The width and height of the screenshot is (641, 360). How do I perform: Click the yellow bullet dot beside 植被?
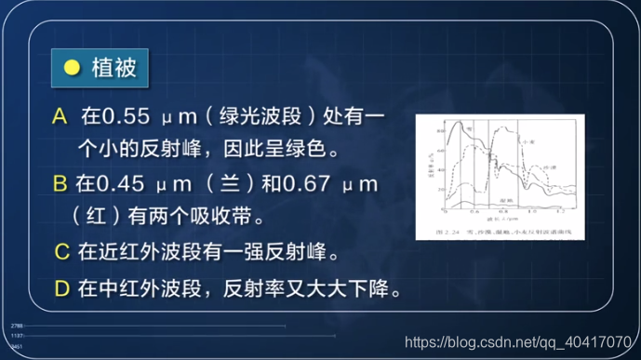pyautogui.click(x=72, y=68)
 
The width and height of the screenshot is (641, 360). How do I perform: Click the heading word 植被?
pyautogui.click(x=114, y=68)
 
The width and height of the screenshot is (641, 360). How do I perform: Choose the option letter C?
pyautogui.click(x=62, y=252)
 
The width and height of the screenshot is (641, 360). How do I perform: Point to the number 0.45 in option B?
pyautogui.click(x=125, y=184)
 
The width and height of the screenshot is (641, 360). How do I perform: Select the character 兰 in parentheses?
pyautogui.click(x=226, y=184)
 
